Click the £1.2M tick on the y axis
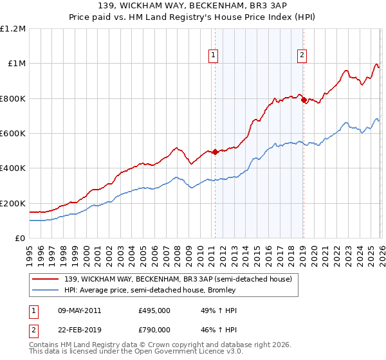[x=13, y=29]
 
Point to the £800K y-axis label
[x=13, y=98]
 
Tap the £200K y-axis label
[x=13, y=203]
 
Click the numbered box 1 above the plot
[x=214, y=56]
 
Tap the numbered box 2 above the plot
[x=302, y=56]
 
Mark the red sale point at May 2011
[x=215, y=152]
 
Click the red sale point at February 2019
[x=303, y=100]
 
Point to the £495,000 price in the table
[x=154, y=310]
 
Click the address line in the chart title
[x=193, y=4]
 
